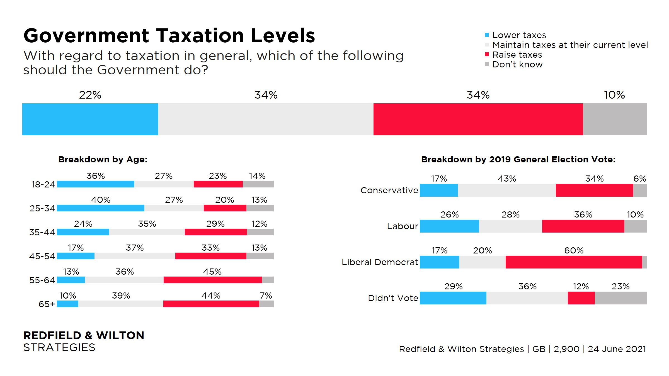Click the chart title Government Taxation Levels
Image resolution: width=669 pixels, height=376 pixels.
pos(169,36)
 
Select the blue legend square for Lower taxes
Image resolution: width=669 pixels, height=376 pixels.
pos(487,35)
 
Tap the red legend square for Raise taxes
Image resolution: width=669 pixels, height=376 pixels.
pos(487,55)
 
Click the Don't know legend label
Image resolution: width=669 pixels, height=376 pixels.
pos(517,65)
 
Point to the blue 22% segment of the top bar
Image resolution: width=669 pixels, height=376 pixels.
pos(90,119)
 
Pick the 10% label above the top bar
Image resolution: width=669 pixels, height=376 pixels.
pos(614,95)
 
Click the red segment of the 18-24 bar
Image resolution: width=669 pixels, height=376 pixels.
pos(218,184)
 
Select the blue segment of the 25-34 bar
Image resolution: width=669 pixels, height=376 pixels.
pos(101,208)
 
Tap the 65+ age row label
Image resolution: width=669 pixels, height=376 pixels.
pos(47,304)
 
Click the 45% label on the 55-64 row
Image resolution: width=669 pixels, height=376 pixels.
pos(212,272)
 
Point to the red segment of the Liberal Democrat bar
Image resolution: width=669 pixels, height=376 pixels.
pos(574,262)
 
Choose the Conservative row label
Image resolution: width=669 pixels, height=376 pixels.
pos(389,190)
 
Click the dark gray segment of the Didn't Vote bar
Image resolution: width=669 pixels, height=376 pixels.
pos(620,298)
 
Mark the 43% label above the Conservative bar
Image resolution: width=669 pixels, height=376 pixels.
pos(507,179)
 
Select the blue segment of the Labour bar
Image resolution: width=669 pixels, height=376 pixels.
pos(449,226)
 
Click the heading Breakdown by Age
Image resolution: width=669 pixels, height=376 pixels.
pos(103,159)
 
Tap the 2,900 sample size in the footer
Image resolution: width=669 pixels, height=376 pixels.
pos(566,349)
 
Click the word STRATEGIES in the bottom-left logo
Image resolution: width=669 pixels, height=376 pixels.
pos(59,348)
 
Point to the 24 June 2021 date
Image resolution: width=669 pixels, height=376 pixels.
pos(617,349)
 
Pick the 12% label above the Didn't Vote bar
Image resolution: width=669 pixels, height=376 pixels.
pos(581,286)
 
